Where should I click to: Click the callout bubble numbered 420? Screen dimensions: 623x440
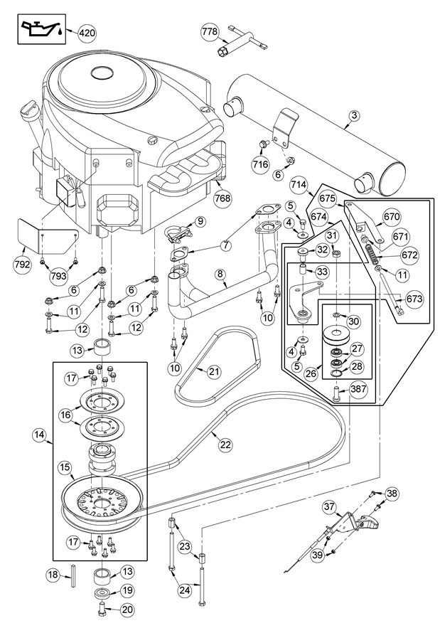click(87, 33)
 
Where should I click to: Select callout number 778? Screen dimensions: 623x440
click(209, 32)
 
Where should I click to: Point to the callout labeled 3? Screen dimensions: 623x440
click(354, 116)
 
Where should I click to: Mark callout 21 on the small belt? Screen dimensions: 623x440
click(213, 371)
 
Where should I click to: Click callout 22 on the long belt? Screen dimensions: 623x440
click(225, 444)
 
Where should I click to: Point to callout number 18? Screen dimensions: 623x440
click(53, 574)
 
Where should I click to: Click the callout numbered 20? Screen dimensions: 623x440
click(128, 609)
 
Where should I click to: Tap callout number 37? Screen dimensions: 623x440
click(328, 507)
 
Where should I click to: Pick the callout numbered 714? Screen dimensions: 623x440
click(299, 186)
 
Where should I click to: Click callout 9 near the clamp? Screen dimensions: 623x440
click(200, 222)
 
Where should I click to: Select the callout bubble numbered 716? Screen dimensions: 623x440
click(260, 164)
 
